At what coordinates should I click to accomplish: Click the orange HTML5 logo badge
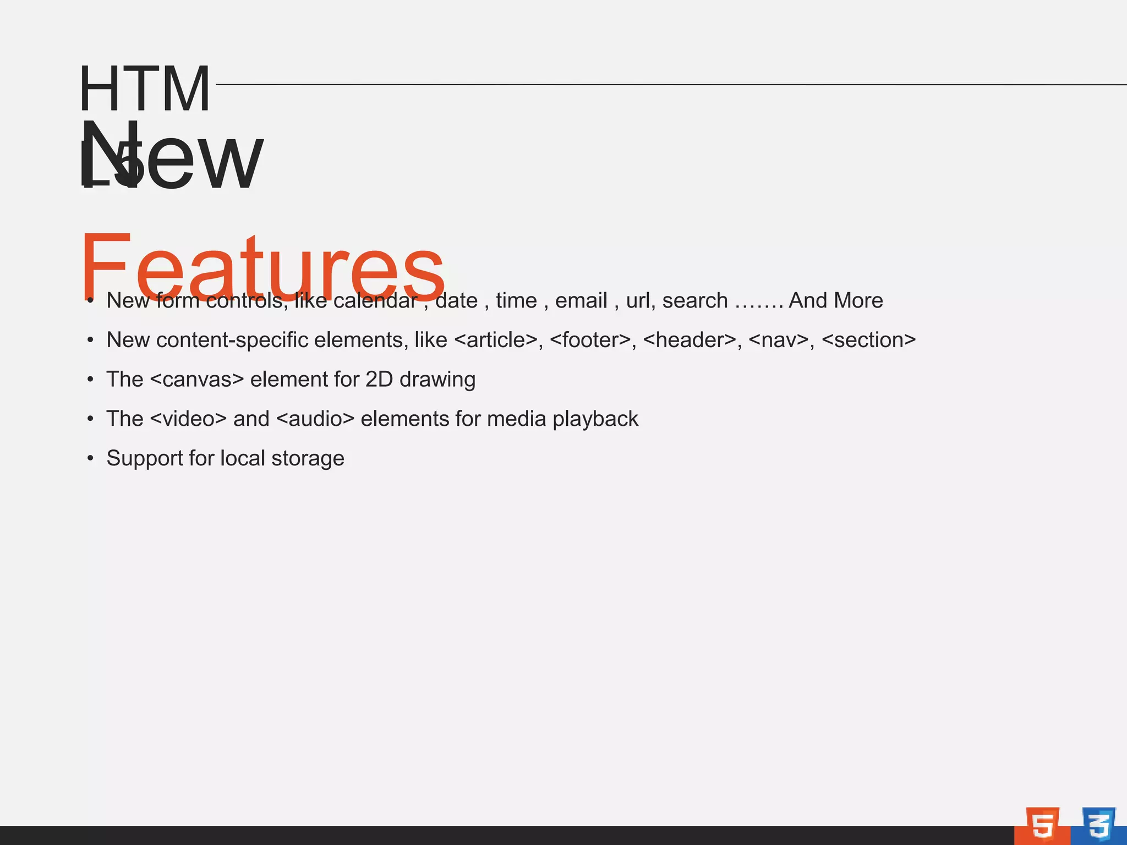coord(1042,825)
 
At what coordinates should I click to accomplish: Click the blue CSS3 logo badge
coord(1099,825)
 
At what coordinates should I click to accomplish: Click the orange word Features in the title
coord(262,268)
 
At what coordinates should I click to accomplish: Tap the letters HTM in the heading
coord(145,89)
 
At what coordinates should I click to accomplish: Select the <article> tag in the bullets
coord(495,340)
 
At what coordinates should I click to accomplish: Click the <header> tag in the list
coord(689,340)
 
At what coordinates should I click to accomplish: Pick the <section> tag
coord(868,340)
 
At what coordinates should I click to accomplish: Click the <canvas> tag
coord(196,380)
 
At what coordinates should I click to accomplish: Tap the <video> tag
coord(188,419)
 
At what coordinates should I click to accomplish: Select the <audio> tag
coord(315,419)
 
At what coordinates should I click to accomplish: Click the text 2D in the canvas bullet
coord(379,380)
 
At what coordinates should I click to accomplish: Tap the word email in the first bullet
coord(581,301)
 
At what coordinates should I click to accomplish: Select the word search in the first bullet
coord(695,301)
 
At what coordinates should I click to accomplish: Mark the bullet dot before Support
coord(90,458)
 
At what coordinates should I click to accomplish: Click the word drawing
coord(437,380)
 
